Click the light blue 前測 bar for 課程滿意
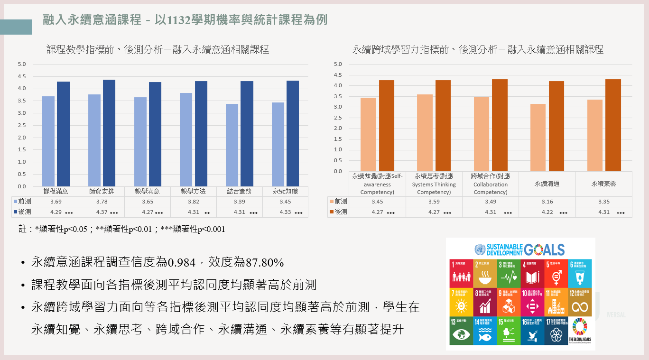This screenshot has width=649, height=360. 48,141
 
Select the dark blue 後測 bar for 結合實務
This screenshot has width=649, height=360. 247,134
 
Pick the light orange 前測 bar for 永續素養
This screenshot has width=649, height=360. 595,136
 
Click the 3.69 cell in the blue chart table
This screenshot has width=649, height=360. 56,202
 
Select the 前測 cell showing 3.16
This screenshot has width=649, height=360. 547,202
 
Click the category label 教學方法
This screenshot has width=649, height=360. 194,192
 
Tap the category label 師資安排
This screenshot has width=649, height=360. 102,192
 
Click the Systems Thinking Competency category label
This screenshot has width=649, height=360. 434,184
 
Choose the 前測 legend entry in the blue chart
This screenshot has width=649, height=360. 22,202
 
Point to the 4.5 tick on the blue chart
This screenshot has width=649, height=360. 22,76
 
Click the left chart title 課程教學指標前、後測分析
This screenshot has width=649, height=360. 158,49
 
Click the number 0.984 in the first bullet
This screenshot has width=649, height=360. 182,262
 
